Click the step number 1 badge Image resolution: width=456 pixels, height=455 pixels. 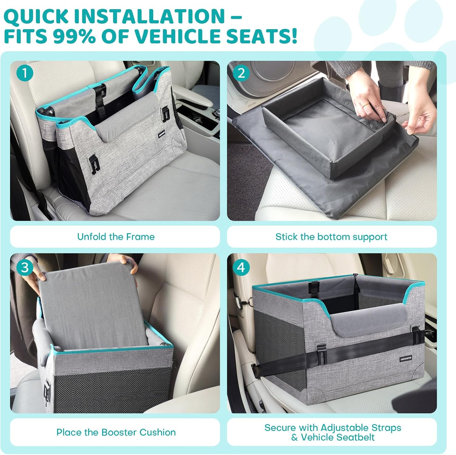(x=25, y=73)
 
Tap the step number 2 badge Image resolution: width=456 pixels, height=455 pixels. (x=241, y=73)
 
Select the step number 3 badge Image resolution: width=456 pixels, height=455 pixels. (x=25, y=267)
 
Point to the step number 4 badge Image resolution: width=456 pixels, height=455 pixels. (x=241, y=267)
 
